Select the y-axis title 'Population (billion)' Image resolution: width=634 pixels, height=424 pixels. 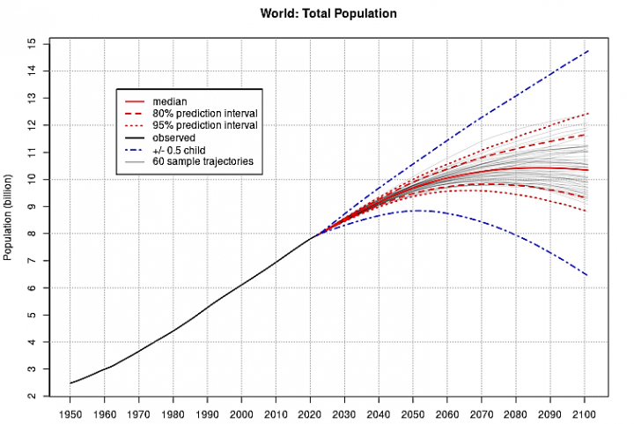pyautogui.click(x=9, y=217)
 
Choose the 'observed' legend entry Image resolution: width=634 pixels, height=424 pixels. pyautogui.click(x=173, y=138)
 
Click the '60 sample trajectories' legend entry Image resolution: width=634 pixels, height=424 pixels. pyautogui.click(x=202, y=162)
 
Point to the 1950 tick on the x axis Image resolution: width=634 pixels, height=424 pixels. pyautogui.click(x=71, y=413)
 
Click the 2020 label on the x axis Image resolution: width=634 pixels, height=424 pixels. pyautogui.click(x=310, y=413)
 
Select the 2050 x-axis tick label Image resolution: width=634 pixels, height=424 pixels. pyautogui.click(x=412, y=413)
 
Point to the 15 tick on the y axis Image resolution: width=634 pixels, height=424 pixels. pyautogui.click(x=33, y=43)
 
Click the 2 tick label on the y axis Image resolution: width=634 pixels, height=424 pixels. pyautogui.click(x=33, y=396)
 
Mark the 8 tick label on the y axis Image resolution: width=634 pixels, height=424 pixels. pyautogui.click(x=33, y=234)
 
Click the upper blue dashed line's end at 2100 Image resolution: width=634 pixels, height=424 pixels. pyautogui.click(x=588, y=51)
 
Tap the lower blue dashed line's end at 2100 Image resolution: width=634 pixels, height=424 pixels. pyautogui.click(x=588, y=276)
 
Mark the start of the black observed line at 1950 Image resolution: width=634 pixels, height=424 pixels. pyautogui.click(x=71, y=383)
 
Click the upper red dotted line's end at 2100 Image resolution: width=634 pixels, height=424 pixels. pyautogui.click(x=588, y=114)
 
